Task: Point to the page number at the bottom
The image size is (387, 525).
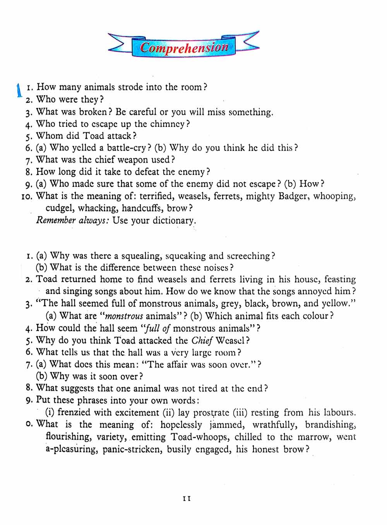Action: click(x=187, y=499)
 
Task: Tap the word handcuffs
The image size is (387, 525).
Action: click(x=142, y=208)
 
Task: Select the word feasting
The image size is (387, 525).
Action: click(x=340, y=279)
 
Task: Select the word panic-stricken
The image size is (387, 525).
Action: click(x=132, y=450)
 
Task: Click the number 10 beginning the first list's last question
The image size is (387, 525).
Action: click(x=27, y=196)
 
